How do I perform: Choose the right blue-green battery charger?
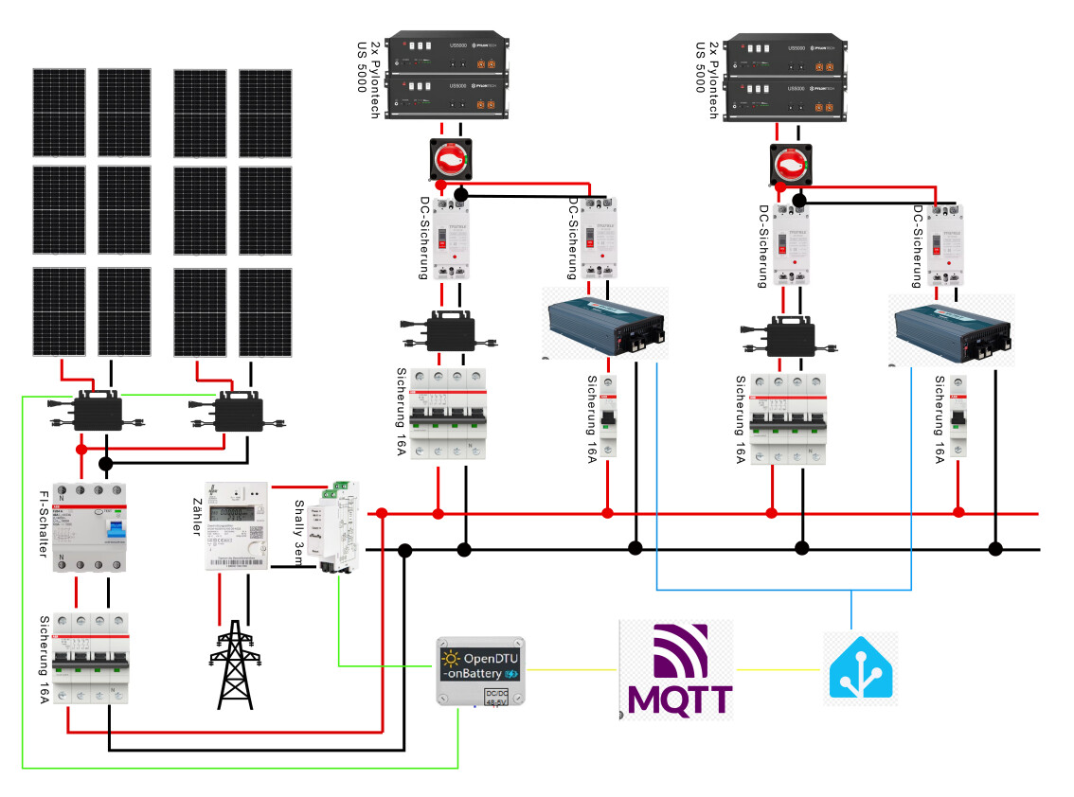[951, 329]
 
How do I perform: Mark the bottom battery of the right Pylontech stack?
[784, 99]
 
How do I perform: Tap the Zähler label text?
[198, 516]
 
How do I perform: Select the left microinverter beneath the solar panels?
[95, 411]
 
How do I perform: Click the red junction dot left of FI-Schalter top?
[81, 450]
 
